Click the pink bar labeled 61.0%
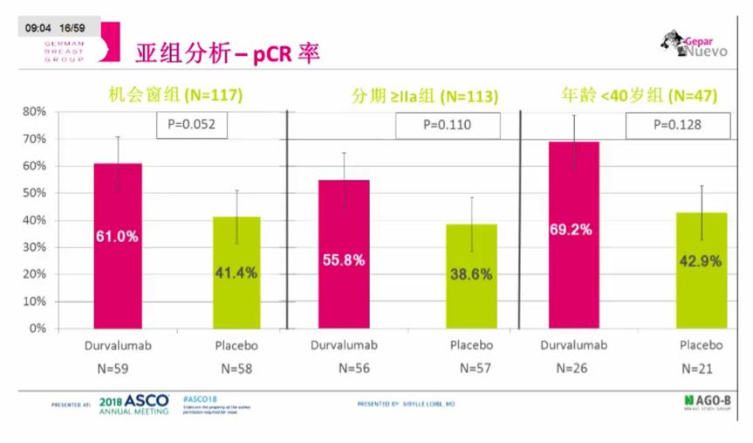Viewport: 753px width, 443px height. click(x=118, y=246)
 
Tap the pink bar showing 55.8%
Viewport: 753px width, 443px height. click(x=345, y=253)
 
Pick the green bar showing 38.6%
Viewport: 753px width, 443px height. click(x=472, y=276)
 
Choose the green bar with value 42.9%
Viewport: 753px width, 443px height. click(x=702, y=270)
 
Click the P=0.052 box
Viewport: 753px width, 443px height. click(x=192, y=125)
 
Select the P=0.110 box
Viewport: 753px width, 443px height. click(x=448, y=125)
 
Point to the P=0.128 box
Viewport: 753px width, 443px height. click(x=678, y=125)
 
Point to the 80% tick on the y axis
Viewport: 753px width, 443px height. click(x=34, y=112)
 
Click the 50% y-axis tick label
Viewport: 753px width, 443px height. click(x=34, y=193)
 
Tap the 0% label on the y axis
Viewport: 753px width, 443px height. click(x=38, y=329)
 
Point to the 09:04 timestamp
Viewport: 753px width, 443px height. click(x=38, y=29)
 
